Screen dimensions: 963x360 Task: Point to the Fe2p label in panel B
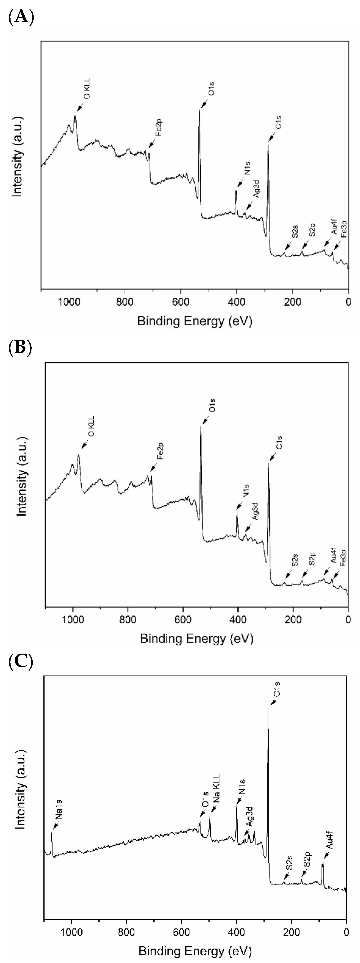(160, 451)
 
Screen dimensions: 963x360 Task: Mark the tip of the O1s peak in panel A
(199, 109)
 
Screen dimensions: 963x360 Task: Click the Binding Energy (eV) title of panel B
(197, 638)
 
